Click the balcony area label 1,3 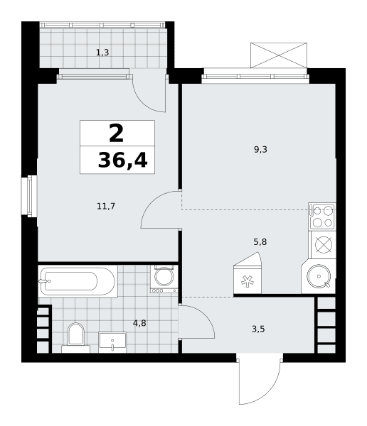[102, 52]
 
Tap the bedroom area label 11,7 [106, 206]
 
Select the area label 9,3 [260, 149]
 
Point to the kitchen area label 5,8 [260, 242]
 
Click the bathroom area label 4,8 [139, 323]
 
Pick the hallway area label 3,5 [258, 329]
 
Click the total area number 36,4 [122, 160]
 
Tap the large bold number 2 [116, 133]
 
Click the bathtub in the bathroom [78, 281]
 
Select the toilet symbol [75, 338]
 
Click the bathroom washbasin [112, 342]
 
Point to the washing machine [164, 279]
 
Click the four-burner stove [322, 217]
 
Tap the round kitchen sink [319, 276]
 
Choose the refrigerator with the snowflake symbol [248, 273]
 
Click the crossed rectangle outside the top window [279, 55]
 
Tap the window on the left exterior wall [29, 196]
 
